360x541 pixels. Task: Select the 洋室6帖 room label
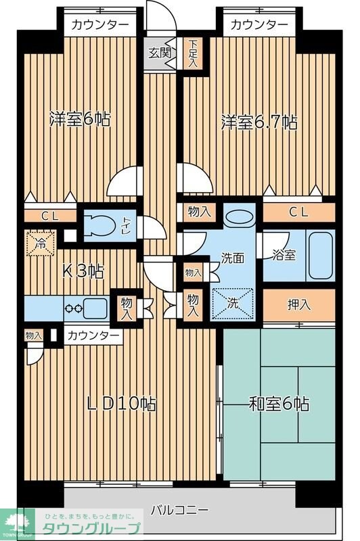(x=79, y=120)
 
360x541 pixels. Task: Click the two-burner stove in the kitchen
(x=73, y=308)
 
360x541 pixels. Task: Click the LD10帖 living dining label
(x=122, y=404)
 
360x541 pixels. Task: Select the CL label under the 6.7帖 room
(x=298, y=212)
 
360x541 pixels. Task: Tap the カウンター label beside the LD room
(x=94, y=335)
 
